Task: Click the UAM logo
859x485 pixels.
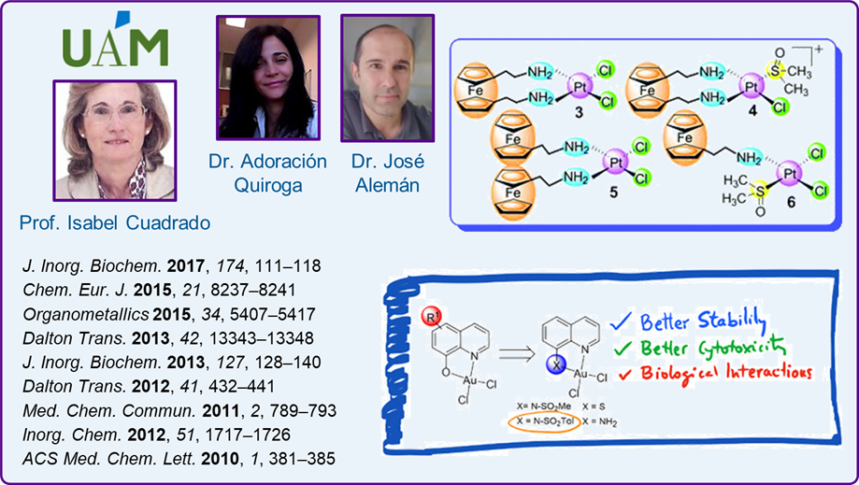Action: coord(115,41)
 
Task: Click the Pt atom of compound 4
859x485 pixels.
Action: coord(747,87)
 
